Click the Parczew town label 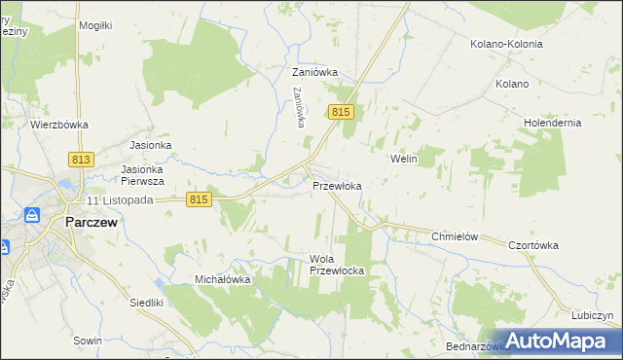(92, 222)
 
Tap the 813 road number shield (81, 160)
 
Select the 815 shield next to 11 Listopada (198, 198)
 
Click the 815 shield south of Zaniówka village (340, 113)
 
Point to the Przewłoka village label (338, 186)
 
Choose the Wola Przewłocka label (336, 265)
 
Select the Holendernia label (552, 123)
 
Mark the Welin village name (403, 158)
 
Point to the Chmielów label (458, 236)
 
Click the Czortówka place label (533, 245)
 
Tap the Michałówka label (223, 279)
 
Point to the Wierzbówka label (59, 125)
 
